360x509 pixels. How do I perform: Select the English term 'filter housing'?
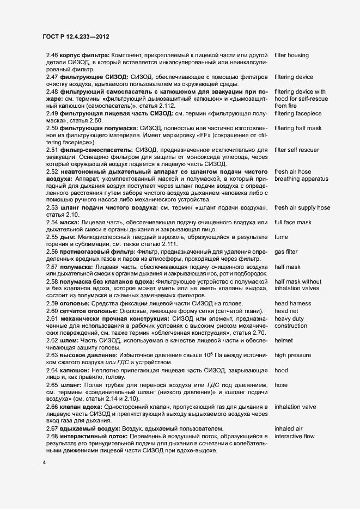click(x=292, y=56)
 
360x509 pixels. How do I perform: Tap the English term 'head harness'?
click(x=293, y=303)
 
